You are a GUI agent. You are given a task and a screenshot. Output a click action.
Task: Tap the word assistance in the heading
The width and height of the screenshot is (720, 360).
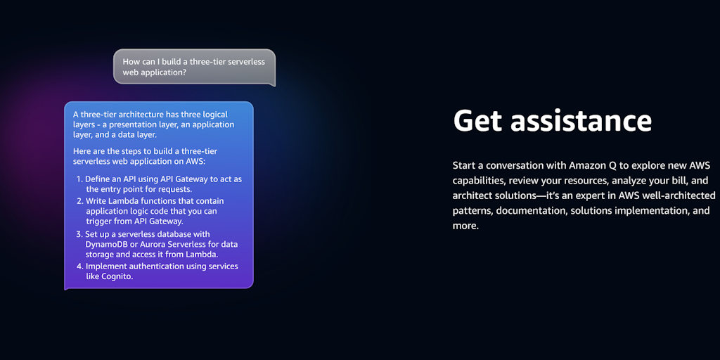pyautogui.click(x=581, y=120)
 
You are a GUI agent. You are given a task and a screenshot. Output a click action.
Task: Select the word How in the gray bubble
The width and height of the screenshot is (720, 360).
pyautogui.click(x=130, y=62)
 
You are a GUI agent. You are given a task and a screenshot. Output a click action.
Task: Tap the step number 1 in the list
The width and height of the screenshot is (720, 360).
pyautogui.click(x=79, y=179)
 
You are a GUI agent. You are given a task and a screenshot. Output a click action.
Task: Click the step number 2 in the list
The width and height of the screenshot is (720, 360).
pyautogui.click(x=79, y=200)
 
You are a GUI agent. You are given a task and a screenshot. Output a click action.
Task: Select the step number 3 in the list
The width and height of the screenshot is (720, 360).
pyautogui.click(x=79, y=233)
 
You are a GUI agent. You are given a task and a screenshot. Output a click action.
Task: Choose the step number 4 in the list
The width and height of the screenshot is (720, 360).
pyautogui.click(x=79, y=266)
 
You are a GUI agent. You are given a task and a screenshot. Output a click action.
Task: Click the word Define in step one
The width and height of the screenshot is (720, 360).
pyautogui.click(x=97, y=179)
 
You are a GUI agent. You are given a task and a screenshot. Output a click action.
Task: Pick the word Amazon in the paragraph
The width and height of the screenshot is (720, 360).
pyautogui.click(x=584, y=165)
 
